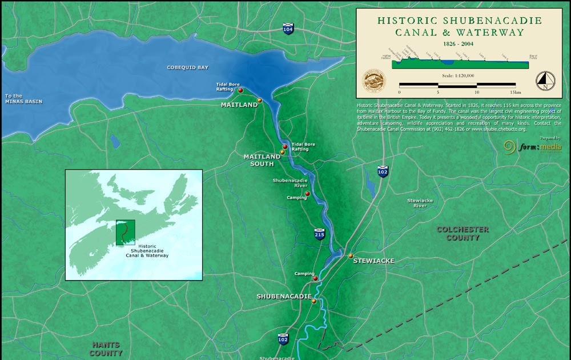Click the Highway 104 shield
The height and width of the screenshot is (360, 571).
pos(289,29)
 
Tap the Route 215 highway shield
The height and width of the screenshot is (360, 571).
pos(320,233)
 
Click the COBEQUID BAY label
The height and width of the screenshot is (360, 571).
pos(187,67)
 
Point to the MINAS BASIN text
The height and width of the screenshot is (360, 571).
pos(24,102)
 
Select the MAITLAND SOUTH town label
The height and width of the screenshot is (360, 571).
pos(262,160)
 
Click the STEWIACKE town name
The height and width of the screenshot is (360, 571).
pos(373,261)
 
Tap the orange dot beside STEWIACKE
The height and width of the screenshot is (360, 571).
pos(351,256)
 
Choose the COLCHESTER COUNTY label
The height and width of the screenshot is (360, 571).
pos(463,233)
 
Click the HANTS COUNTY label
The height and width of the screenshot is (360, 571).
pos(107,349)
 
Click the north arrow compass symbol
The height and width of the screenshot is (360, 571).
pos(545,81)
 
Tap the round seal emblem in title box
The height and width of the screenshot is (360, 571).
pos(375,81)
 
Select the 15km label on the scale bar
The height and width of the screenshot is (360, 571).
pos(516,92)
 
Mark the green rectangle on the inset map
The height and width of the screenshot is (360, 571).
pos(125,233)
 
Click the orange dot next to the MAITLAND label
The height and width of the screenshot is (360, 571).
pos(259,101)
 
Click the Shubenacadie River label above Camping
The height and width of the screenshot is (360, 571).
pos(289,183)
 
